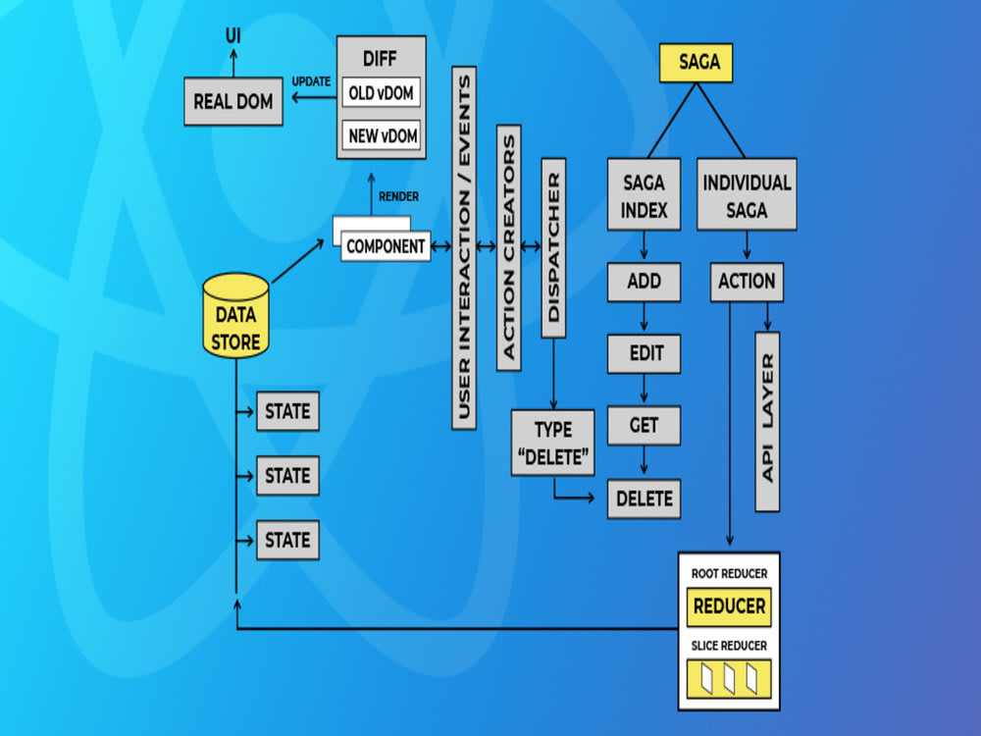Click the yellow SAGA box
(696, 63)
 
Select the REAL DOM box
(233, 101)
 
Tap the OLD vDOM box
(381, 93)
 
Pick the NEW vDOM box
(381, 135)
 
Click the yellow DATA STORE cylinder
(235, 315)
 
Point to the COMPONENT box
(386, 246)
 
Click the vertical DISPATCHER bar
(553, 248)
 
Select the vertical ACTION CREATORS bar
(508, 248)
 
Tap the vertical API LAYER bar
(767, 422)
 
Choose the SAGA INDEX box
(644, 194)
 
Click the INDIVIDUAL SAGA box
(747, 194)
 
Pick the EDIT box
(644, 353)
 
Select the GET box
(644, 426)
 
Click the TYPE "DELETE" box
(553, 444)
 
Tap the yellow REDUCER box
(729, 606)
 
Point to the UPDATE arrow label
(311, 82)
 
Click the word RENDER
(398, 196)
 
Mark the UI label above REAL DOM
(233, 35)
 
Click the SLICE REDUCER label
(729, 646)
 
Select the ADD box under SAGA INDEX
(644, 282)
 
